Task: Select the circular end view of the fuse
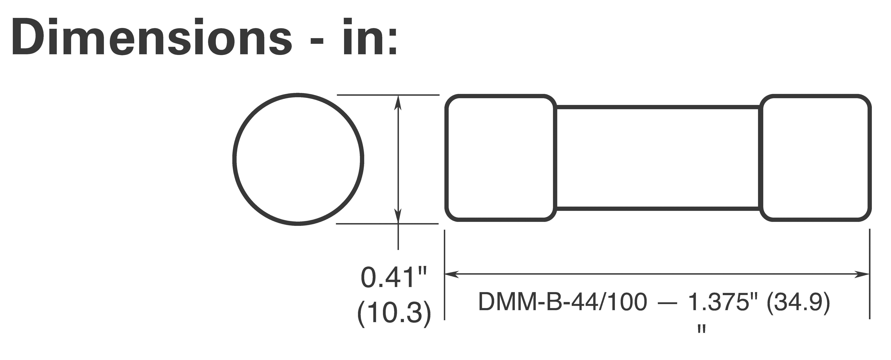(298, 159)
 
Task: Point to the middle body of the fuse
(657, 158)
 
